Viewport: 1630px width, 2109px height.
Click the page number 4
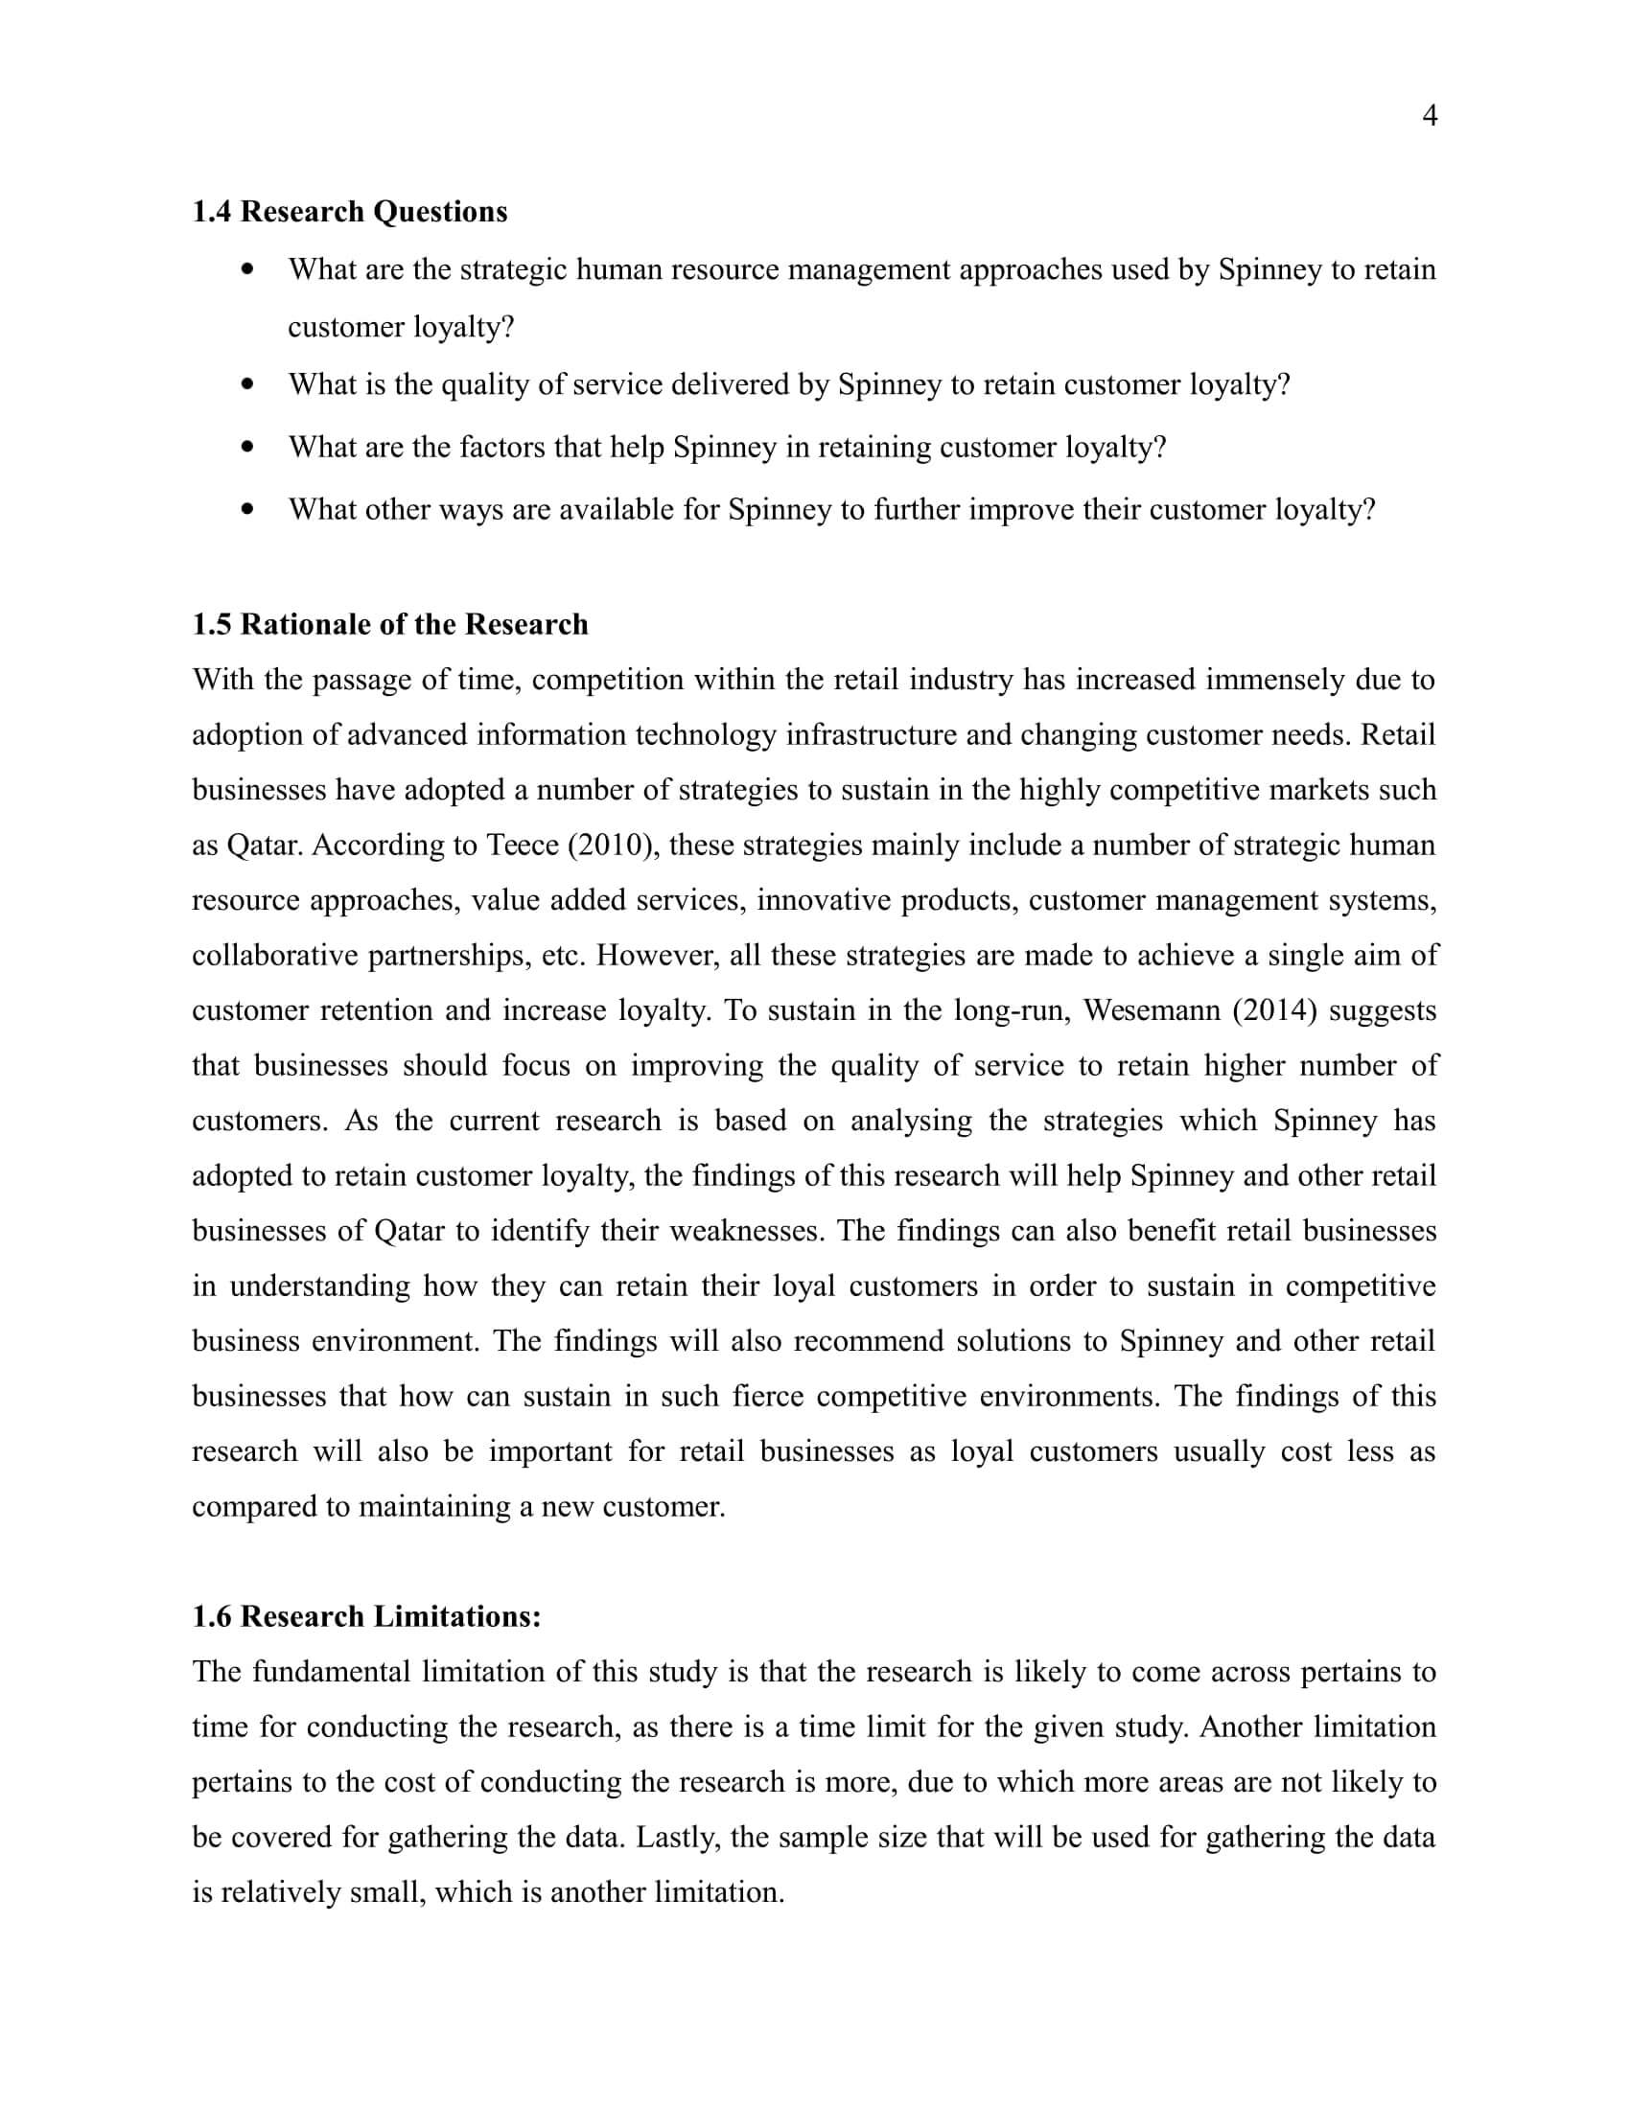[x=1431, y=117]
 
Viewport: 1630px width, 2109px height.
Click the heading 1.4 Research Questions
[x=350, y=212]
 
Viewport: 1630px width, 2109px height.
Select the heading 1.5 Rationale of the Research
[x=390, y=625]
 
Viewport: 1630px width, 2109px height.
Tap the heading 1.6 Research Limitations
[x=367, y=1616]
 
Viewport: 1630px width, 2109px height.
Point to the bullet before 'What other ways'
[x=249, y=509]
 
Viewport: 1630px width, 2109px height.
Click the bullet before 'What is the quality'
[x=249, y=384]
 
